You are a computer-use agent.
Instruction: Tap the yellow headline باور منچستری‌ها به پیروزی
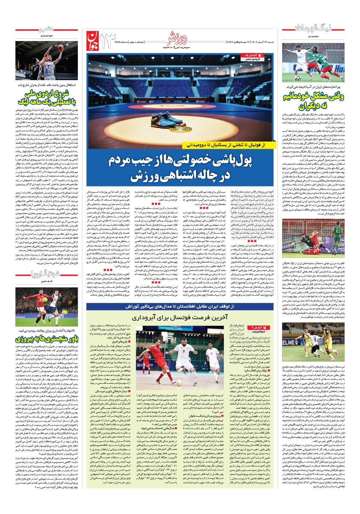point(46,340)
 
